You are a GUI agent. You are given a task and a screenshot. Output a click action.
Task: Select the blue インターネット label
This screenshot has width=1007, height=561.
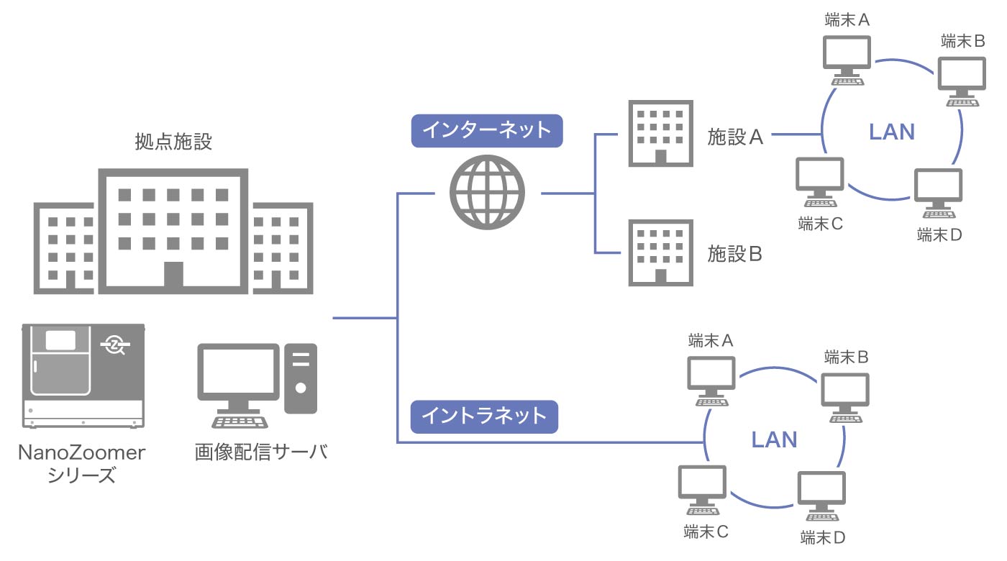click(x=486, y=130)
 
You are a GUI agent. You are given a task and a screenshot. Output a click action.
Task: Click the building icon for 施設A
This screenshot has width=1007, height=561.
click(x=660, y=134)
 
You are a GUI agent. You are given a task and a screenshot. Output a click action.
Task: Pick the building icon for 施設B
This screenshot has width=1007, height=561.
click(x=660, y=253)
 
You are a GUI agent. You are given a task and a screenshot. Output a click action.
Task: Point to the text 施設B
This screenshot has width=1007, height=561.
click(x=734, y=254)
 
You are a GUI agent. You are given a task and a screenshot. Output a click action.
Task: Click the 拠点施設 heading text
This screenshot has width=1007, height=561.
click(x=173, y=141)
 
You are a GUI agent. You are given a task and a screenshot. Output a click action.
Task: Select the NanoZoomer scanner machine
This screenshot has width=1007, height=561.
click(x=83, y=375)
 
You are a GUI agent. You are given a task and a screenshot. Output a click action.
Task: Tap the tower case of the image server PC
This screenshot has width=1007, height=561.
click(x=301, y=378)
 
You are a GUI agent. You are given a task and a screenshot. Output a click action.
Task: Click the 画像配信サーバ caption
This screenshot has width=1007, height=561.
click(x=261, y=452)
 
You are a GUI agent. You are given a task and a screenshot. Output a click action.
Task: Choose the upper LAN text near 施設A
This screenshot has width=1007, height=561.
click(x=892, y=132)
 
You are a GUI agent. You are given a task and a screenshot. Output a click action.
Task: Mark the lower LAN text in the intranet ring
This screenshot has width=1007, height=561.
click(x=774, y=439)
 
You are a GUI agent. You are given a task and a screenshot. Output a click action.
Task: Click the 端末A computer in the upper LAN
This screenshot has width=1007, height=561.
click(x=847, y=57)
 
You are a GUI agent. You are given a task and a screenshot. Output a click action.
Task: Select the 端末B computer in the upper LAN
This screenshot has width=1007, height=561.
click(x=962, y=78)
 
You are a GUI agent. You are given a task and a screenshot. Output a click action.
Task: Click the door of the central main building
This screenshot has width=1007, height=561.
click(x=173, y=277)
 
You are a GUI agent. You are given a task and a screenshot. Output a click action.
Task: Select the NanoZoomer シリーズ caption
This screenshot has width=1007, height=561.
click(x=82, y=464)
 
